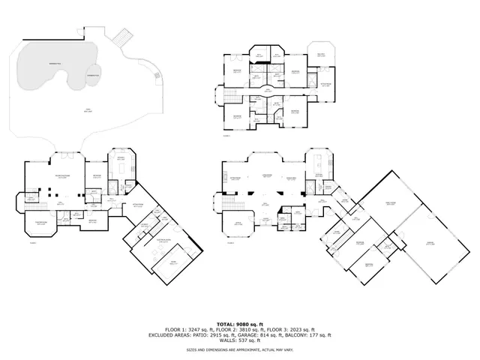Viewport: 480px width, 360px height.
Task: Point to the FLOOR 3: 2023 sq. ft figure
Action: click(x=275, y=330)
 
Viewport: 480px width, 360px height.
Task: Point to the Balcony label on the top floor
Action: click(x=321, y=55)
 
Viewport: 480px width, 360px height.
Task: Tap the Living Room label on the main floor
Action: click(x=265, y=176)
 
